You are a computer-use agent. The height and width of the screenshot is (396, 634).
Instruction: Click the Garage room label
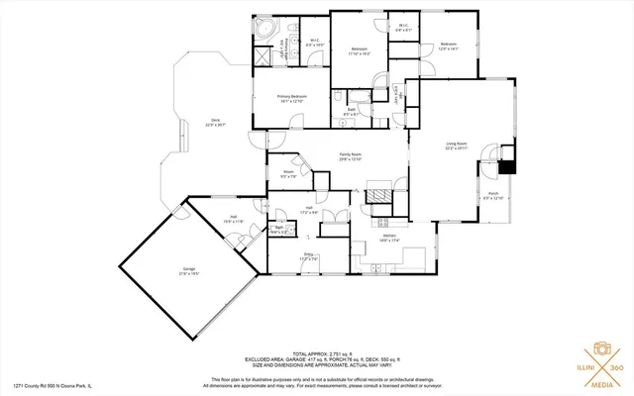(188, 270)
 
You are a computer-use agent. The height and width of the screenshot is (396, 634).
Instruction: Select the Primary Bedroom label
(292, 98)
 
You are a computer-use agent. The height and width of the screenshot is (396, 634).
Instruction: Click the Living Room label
(456, 145)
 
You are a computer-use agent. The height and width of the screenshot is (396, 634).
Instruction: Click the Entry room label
(308, 256)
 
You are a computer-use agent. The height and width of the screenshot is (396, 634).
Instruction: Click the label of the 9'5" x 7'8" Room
(288, 174)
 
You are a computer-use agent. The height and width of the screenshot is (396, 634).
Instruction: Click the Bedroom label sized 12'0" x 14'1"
(449, 46)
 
